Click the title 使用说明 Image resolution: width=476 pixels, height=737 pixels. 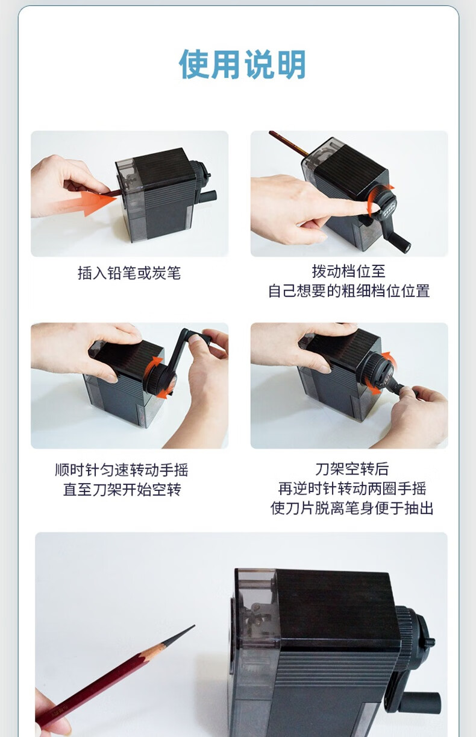point(242,65)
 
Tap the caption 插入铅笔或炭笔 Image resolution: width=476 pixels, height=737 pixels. point(129,273)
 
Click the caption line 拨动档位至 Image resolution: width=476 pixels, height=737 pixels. point(349,271)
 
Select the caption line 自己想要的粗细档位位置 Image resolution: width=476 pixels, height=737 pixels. point(349,291)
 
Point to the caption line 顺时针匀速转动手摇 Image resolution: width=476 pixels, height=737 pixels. point(122,470)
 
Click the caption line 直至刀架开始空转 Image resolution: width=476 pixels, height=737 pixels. point(122,490)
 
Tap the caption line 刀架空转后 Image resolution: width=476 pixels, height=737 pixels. point(352,469)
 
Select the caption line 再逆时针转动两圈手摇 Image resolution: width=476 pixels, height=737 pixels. point(352,489)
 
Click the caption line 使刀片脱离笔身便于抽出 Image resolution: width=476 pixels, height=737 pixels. point(352,508)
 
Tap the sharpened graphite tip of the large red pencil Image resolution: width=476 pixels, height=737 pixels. point(194,626)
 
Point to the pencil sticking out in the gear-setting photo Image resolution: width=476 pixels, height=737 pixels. point(288,143)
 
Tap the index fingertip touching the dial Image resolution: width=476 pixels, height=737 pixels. point(372,207)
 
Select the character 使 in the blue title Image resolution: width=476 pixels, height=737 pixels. point(194,65)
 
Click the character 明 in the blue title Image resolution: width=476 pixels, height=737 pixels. point(291,65)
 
